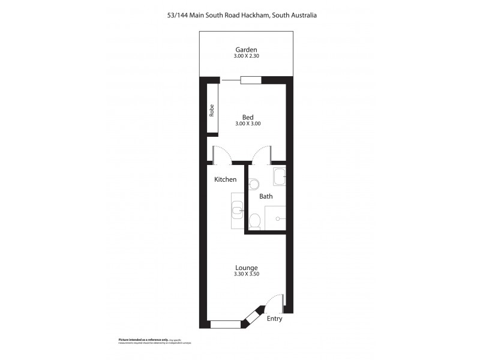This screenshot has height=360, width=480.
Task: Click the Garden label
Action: (x=246, y=50)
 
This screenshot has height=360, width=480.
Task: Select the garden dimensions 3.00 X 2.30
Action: (x=246, y=56)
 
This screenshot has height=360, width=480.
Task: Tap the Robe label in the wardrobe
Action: (x=212, y=110)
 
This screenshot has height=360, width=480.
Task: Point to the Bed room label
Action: (x=248, y=117)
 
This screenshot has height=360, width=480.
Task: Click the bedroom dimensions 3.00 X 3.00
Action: (x=248, y=124)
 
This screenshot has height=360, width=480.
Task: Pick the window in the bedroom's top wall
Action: (x=250, y=80)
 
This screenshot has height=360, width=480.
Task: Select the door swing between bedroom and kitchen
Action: (x=221, y=154)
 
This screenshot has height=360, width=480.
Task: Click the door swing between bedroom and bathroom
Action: (x=262, y=154)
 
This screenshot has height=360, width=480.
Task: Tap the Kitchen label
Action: (x=226, y=179)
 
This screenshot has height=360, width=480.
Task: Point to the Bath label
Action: (x=266, y=196)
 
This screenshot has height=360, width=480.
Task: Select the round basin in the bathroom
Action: (x=253, y=184)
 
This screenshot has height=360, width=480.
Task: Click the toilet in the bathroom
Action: (x=254, y=221)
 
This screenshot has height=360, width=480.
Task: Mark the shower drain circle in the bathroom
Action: (x=278, y=219)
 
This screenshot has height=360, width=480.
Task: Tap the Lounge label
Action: (x=247, y=268)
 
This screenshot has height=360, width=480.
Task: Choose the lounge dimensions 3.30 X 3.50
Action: (x=247, y=274)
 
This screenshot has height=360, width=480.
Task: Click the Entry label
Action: (x=274, y=319)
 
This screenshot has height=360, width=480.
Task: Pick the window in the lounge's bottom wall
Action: (x=225, y=325)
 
